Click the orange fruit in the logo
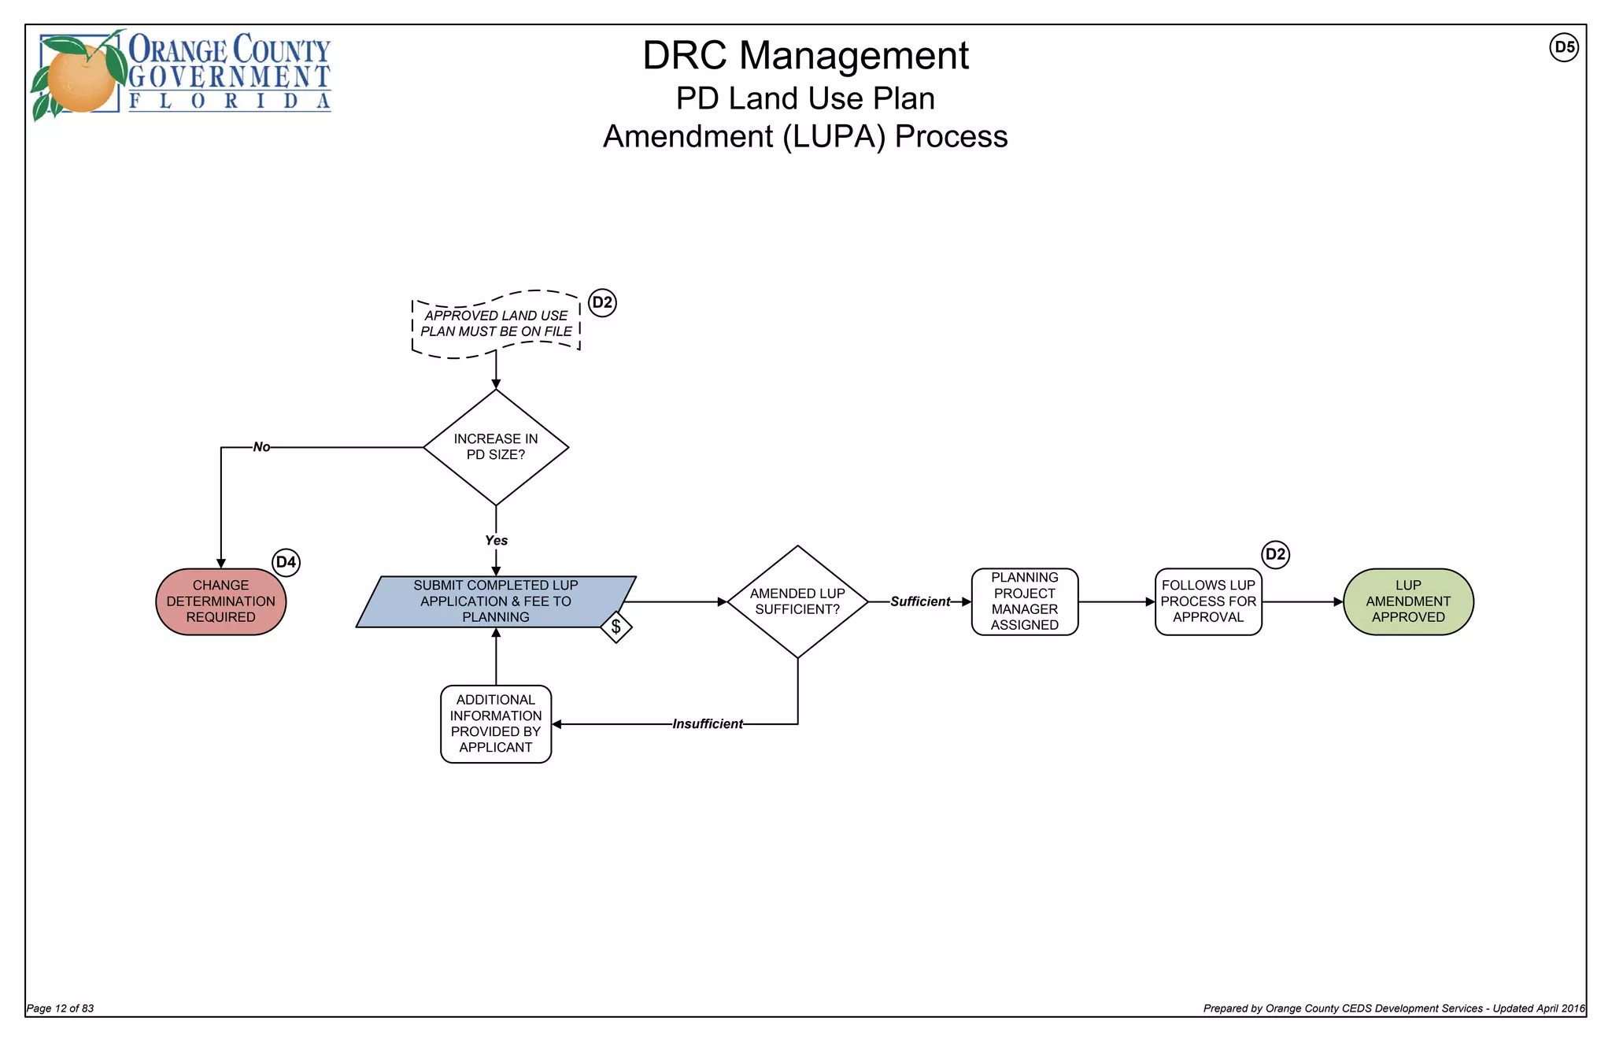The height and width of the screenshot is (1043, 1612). tap(80, 78)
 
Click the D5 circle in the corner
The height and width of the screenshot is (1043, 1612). tap(1564, 47)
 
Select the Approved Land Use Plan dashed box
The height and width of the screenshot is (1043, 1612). tap(496, 324)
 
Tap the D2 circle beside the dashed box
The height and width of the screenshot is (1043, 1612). tap(602, 303)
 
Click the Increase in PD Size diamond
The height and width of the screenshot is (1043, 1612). tap(496, 447)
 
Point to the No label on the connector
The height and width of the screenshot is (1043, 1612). tap(261, 447)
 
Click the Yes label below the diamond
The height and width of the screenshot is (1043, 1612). tap(496, 540)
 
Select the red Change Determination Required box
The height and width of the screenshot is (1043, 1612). tap(220, 601)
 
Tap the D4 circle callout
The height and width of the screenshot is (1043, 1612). tap(286, 562)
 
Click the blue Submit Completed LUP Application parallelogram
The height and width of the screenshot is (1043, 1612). tap(496, 601)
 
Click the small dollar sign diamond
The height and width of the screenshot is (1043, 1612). tap(616, 627)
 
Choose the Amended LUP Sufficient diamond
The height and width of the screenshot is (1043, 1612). tap(797, 601)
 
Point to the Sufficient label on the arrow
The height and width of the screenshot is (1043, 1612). tap(920, 601)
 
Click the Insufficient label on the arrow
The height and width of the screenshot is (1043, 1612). tap(707, 724)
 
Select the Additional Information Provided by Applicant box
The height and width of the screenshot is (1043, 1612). tap(496, 724)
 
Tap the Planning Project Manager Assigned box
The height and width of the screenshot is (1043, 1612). tap(1024, 601)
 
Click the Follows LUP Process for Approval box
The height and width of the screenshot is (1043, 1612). tap(1208, 601)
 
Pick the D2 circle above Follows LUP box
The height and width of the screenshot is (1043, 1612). tap(1275, 554)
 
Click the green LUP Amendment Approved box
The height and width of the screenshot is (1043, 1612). tap(1408, 601)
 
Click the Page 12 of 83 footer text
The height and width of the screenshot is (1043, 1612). tap(61, 1008)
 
